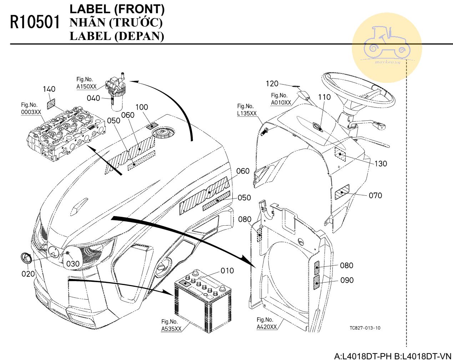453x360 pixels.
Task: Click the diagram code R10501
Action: (35, 22)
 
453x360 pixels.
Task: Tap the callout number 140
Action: (49, 89)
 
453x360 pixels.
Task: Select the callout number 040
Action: (94, 98)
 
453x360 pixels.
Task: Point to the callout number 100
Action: (141, 107)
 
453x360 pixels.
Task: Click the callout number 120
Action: (272, 84)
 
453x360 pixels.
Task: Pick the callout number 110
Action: (324, 97)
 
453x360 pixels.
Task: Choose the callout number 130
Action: (381, 164)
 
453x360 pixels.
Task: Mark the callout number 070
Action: (375, 195)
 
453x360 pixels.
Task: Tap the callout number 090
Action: (347, 280)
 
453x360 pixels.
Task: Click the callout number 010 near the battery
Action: (227, 271)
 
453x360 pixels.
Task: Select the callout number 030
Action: (73, 264)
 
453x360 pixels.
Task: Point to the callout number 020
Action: (28, 274)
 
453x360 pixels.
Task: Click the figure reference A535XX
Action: (171, 329)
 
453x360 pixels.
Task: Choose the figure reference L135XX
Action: (247, 114)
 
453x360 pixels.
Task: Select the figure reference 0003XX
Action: (31, 112)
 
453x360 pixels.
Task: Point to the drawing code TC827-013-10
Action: (365, 328)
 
